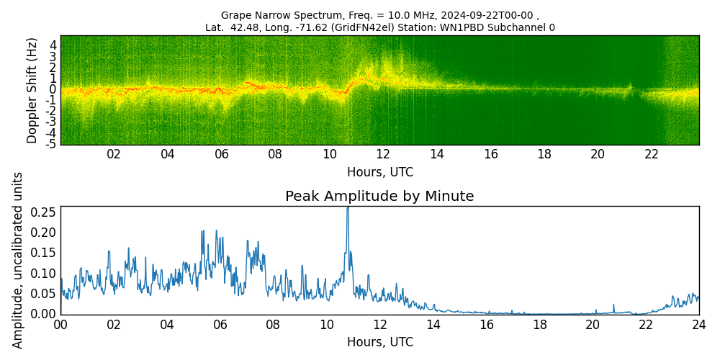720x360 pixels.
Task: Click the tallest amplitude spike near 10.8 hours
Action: coord(348,209)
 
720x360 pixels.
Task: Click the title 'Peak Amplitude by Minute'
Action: coord(379,197)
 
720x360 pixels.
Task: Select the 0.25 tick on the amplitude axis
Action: coord(45,212)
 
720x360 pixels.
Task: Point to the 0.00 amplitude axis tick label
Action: coord(45,314)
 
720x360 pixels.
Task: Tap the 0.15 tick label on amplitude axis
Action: coord(45,253)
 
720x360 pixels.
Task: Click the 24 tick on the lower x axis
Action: coord(698,325)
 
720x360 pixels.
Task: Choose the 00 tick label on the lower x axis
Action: coord(60,325)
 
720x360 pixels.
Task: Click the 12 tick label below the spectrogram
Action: coord(383,154)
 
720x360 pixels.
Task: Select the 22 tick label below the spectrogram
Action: coord(652,154)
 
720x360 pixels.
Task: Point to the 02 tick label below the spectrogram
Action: coord(114,154)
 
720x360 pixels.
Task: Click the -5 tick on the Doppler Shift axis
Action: coord(52,145)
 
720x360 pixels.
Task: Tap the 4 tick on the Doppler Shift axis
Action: coord(53,45)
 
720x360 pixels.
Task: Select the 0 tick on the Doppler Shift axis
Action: coord(53,89)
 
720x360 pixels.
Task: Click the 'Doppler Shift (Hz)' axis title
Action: coord(32,90)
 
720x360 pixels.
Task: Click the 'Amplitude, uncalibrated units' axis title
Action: coord(18,260)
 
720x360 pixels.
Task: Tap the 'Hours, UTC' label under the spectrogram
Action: coord(379,172)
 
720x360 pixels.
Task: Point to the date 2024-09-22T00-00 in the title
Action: coord(489,15)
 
